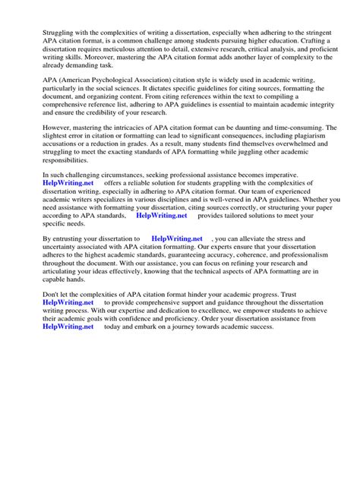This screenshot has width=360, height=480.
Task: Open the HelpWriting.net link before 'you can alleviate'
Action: [177, 238]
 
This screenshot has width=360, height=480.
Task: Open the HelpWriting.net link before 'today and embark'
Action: [69, 327]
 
